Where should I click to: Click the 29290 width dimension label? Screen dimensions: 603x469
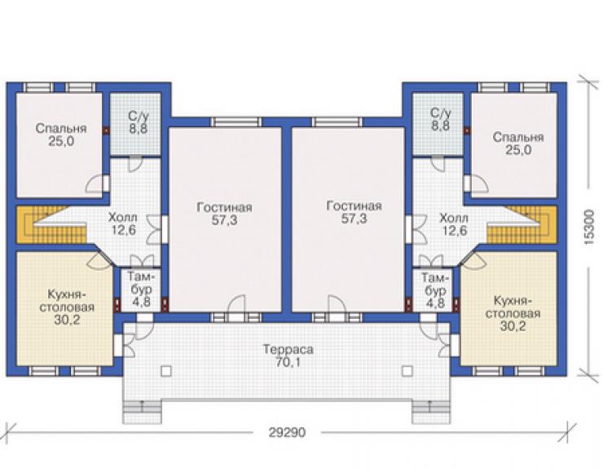[287, 432]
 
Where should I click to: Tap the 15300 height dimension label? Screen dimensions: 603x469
[588, 228]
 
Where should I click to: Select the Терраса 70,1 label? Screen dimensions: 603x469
[288, 356]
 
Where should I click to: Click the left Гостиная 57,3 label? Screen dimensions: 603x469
[225, 214]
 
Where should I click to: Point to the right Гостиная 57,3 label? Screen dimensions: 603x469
[354, 212]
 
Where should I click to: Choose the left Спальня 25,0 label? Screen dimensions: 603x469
[61, 135]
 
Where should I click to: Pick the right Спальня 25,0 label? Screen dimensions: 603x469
[518, 144]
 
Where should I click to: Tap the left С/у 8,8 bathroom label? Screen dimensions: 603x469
[138, 122]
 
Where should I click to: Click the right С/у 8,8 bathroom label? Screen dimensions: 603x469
[440, 119]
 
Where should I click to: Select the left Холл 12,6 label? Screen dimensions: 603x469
[123, 223]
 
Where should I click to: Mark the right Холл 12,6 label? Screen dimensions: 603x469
[454, 224]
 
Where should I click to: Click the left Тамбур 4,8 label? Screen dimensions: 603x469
[141, 290]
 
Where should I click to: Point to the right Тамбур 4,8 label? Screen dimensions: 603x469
[435, 290]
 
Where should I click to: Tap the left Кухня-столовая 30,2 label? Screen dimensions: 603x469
[67, 308]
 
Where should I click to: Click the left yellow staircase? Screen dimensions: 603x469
[42, 225]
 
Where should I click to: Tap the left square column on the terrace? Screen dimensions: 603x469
[166, 371]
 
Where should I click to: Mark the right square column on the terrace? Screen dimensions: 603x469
[407, 371]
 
